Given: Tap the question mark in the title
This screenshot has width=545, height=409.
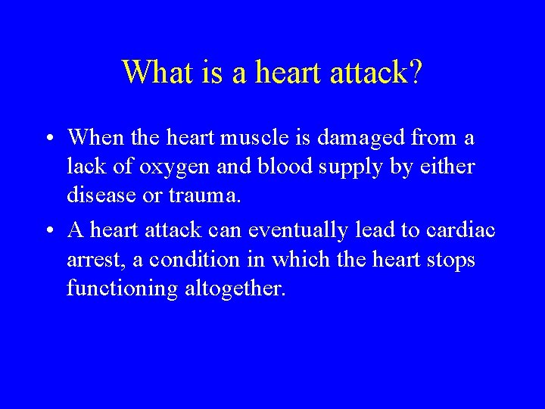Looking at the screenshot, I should [416, 72].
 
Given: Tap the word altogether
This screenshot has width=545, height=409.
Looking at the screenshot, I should [234, 289].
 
